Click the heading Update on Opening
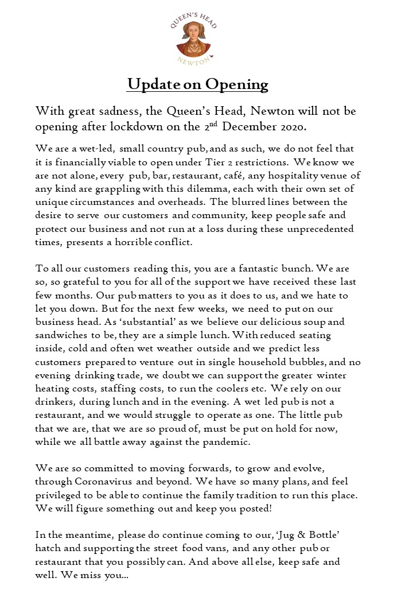(x=198, y=84)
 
